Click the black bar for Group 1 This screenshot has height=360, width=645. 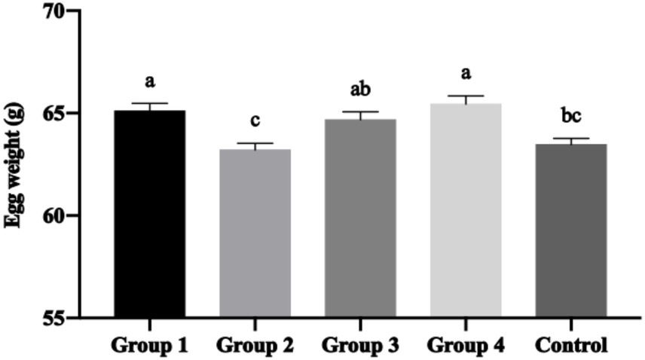(x=150, y=214)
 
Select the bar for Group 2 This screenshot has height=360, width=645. (x=255, y=233)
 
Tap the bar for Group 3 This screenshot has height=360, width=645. (x=360, y=218)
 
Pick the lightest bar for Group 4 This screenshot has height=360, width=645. (x=466, y=210)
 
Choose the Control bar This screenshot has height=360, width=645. (x=571, y=230)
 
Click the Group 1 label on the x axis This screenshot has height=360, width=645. (x=149, y=346)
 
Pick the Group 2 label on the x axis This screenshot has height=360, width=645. (x=255, y=346)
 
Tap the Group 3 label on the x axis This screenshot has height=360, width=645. (x=360, y=346)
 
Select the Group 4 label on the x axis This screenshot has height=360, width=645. (x=466, y=346)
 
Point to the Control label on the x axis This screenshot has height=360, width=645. (x=571, y=346)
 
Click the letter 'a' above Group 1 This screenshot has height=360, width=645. (x=150, y=81)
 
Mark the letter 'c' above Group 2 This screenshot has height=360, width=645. (x=255, y=121)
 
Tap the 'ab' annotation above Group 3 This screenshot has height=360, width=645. (x=360, y=89)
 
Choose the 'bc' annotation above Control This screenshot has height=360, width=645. (x=571, y=117)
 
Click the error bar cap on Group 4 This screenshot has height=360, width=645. (x=466, y=96)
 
